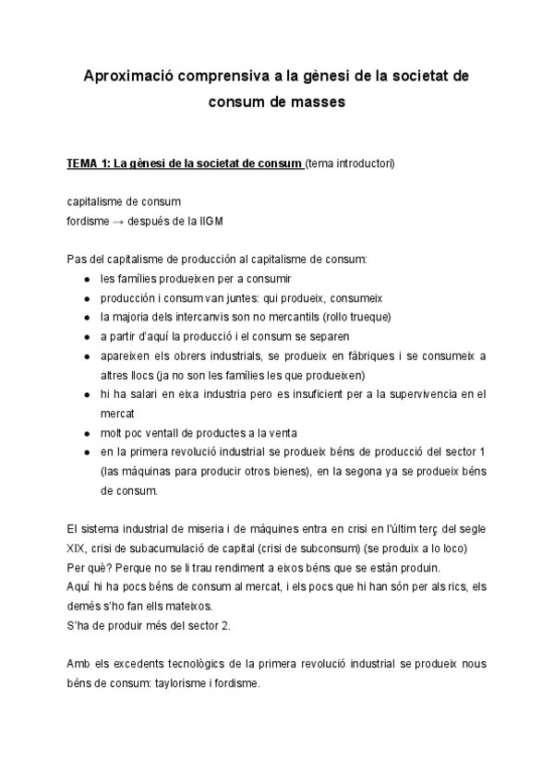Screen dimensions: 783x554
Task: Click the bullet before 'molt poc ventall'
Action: (x=86, y=433)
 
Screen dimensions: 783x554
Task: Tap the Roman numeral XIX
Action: (x=78, y=548)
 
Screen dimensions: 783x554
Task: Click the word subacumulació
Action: (x=153, y=548)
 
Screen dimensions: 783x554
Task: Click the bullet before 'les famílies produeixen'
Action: (x=86, y=278)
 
